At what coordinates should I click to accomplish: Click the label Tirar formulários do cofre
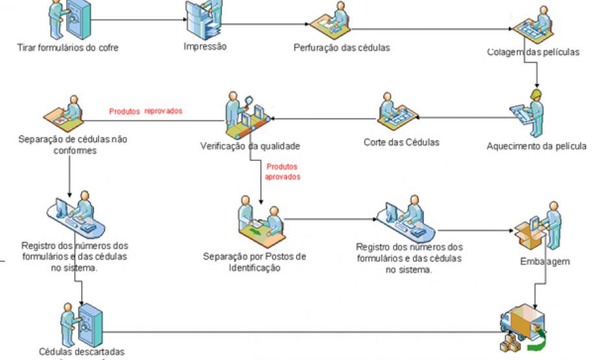68,47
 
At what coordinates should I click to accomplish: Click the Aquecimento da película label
537,146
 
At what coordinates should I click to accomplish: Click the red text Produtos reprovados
145,111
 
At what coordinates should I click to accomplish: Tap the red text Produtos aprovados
282,171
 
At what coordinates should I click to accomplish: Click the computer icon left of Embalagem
397,218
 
